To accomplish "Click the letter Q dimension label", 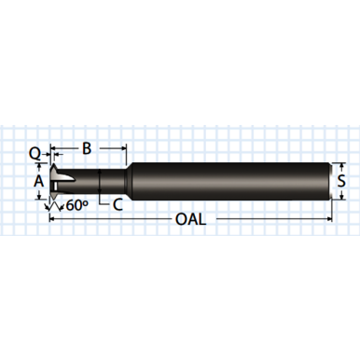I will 35,151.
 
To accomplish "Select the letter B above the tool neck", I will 87,147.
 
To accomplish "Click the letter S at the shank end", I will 342,180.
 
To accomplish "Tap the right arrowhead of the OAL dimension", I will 328,220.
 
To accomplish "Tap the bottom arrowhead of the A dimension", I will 39,194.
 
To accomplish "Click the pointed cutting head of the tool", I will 59,180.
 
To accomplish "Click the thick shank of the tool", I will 233,180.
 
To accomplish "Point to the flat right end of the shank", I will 331,180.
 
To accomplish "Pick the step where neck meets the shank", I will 128,180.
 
